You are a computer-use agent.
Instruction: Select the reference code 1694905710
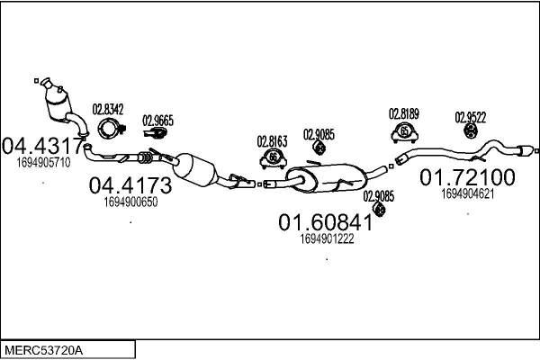[x=43, y=163]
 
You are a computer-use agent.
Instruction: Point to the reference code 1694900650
[x=131, y=202]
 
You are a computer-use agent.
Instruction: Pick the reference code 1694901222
[x=326, y=238]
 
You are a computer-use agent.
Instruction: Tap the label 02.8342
[x=108, y=110]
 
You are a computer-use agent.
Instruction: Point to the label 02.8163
[x=272, y=140]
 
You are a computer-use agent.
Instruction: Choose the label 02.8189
[x=404, y=114]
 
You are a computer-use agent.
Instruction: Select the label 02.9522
[x=470, y=117]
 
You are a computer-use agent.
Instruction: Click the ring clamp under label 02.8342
[x=109, y=129]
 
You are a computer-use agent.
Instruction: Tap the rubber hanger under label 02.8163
[x=273, y=159]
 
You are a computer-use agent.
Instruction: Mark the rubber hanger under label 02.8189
[x=405, y=133]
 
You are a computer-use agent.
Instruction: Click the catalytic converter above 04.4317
[x=59, y=101]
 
